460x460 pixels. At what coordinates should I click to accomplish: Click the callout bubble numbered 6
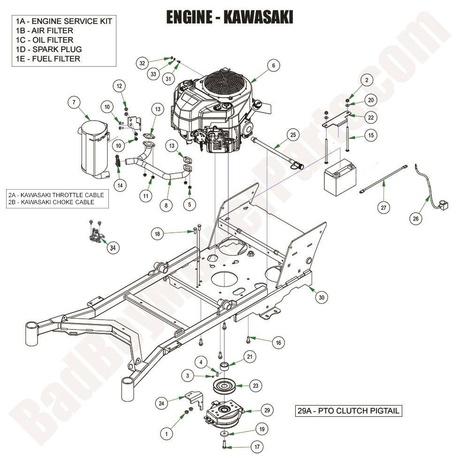(x=274, y=66)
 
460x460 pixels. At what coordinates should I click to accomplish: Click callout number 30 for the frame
(x=322, y=297)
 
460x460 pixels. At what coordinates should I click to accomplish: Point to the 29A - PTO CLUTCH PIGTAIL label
(x=349, y=411)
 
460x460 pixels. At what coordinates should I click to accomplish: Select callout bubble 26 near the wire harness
(x=416, y=218)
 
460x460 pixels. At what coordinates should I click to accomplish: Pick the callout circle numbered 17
(x=257, y=447)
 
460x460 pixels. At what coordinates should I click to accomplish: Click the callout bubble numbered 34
(x=112, y=248)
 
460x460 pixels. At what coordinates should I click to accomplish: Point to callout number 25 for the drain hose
(x=293, y=135)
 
